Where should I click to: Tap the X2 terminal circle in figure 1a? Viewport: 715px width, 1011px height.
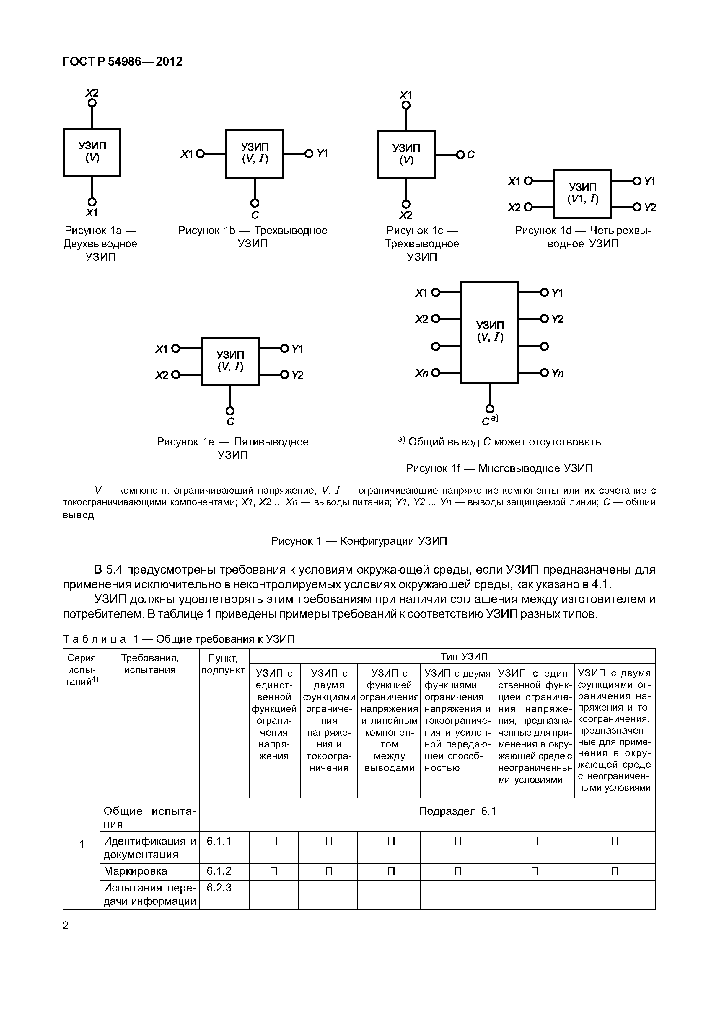92,103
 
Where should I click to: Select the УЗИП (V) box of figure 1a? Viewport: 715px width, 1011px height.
92,152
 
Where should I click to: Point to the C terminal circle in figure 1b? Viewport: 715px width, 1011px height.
255,203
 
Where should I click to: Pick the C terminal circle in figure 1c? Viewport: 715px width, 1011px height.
460,155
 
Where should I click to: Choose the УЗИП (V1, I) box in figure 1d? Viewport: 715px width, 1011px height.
582,194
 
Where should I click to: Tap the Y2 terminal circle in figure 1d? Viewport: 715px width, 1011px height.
636,207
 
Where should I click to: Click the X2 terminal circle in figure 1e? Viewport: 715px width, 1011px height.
175,375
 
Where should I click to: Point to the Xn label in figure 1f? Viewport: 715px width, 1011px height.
421,373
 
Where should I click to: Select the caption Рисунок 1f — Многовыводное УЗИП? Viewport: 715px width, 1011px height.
499,468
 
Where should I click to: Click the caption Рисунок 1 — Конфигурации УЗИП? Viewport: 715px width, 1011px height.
359,541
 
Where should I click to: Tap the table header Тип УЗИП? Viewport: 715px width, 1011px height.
464,656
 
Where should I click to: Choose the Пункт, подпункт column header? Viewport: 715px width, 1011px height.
223,664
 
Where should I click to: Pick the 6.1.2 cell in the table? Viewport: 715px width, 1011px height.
219,871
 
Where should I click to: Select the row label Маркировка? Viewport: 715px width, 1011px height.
135,871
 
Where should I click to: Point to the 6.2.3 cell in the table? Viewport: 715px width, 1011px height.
219,888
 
